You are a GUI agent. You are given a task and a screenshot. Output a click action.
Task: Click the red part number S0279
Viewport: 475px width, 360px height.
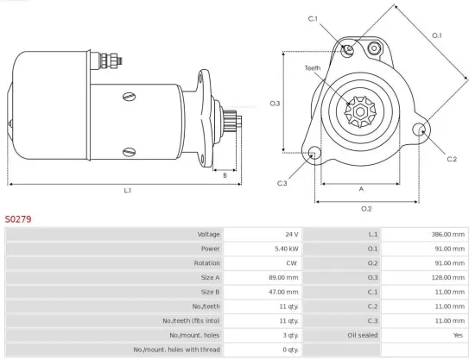tap(18, 219)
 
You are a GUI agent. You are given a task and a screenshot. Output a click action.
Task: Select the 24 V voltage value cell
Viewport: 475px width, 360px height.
tap(290, 234)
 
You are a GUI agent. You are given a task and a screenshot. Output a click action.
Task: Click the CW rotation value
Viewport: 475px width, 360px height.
tap(292, 263)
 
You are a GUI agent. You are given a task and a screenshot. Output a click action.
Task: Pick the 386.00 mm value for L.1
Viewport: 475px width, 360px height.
tap(445, 234)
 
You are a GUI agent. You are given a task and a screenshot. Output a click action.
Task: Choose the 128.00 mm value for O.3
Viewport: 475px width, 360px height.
tap(445, 277)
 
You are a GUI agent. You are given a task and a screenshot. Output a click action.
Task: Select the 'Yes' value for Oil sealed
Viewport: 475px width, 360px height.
tap(458, 334)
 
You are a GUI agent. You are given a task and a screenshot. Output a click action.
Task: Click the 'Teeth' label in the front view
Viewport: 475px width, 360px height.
tap(313, 68)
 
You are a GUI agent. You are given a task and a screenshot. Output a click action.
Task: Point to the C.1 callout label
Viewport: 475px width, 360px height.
tap(313, 19)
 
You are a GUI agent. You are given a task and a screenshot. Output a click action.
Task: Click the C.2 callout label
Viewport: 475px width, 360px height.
tap(452, 160)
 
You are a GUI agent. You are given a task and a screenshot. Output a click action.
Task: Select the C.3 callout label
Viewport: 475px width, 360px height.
tap(282, 183)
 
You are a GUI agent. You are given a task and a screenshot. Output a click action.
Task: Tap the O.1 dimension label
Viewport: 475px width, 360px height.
tap(436, 35)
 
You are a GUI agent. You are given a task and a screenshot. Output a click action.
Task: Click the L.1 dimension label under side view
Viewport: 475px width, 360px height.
tap(127, 190)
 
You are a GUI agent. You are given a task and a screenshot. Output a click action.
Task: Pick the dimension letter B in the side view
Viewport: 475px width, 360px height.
tap(225, 175)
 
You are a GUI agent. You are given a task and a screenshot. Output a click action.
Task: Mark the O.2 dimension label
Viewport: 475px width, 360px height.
tap(365, 208)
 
